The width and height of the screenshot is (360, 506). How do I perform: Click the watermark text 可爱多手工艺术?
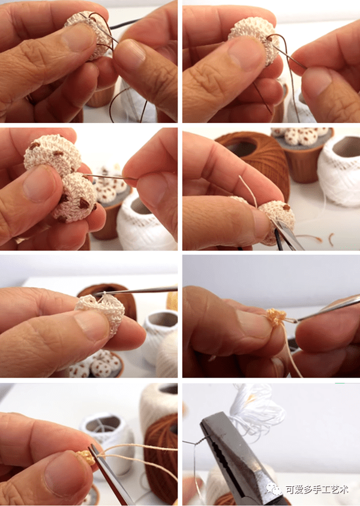(317, 490)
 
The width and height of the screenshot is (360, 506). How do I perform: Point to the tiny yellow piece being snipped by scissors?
(86, 457)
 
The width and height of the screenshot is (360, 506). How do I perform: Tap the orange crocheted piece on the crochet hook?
(276, 317)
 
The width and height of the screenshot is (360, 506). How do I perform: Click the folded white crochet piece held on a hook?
(101, 311)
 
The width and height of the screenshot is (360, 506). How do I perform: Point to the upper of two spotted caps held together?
(52, 155)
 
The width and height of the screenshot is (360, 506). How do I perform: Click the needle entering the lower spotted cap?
(110, 176)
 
